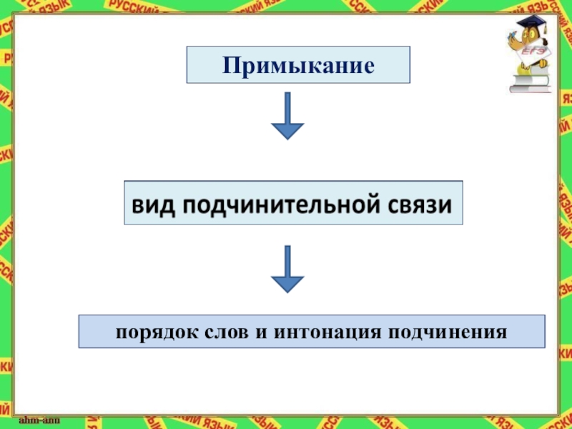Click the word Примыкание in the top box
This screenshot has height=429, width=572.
pyautogui.click(x=298, y=66)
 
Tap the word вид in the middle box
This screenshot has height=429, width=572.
pyautogui.click(x=151, y=204)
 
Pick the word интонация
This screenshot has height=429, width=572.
pyautogui.click(x=322, y=333)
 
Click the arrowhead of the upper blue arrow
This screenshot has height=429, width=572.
pyautogui.click(x=287, y=130)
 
